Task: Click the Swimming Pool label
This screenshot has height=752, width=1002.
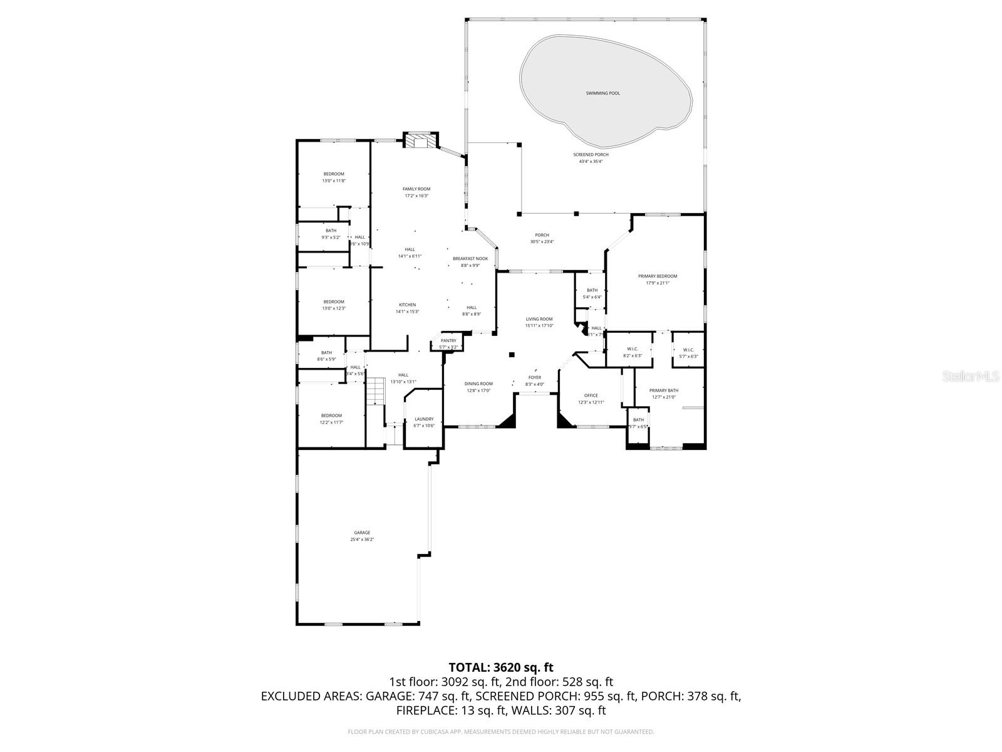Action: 602,93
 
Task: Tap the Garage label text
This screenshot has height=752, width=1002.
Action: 362,533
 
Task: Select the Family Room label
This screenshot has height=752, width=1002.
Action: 416,189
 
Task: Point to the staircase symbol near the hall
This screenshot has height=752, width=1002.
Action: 374,392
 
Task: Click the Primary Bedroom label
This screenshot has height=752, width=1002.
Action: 657,276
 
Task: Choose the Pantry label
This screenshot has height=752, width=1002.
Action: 448,340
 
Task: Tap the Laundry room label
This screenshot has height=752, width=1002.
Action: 423,419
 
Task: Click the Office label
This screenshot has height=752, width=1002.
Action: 591,395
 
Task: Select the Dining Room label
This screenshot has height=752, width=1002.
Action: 478,384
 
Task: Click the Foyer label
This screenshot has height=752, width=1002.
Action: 534,377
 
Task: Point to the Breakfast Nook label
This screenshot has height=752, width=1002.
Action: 470,258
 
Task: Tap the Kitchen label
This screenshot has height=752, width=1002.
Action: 407,305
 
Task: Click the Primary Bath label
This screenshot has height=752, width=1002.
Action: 663,390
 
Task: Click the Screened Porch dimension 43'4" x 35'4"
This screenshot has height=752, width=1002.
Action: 590,162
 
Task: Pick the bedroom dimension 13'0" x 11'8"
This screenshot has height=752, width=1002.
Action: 334,180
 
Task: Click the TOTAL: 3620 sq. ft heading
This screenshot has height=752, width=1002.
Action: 501,667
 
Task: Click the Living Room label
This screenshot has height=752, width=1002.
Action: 539,319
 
